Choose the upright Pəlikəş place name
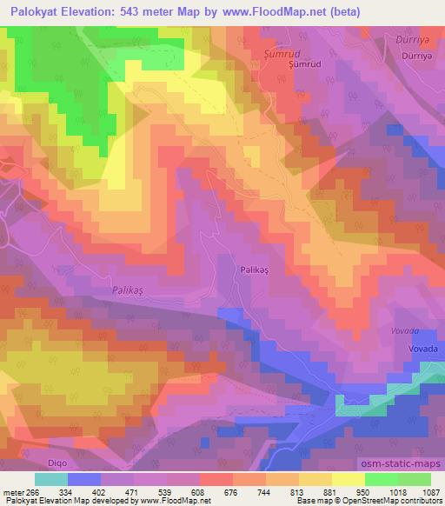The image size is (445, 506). [255, 270]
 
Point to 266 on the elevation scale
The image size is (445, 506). [34, 491]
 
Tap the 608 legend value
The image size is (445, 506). [199, 491]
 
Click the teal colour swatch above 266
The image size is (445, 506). [51, 478]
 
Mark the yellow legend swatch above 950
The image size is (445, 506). [348, 478]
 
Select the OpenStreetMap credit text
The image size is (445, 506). [408, 502]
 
